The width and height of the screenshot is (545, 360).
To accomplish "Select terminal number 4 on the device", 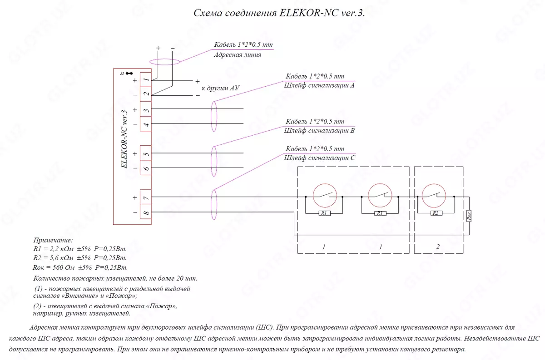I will tap(146, 124).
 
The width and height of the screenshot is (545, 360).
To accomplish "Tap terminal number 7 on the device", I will tap(146, 197).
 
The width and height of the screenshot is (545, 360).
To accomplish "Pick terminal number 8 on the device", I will tap(146, 212).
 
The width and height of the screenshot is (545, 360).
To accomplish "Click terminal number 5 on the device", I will tap(146, 153).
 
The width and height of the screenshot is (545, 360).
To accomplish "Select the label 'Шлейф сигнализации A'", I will tap(319, 85).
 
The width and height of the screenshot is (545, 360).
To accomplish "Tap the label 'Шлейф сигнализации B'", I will tap(319, 131).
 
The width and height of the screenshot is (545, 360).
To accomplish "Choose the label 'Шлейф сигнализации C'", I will tap(319, 158).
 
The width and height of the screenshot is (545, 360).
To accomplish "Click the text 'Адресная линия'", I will tap(237, 55).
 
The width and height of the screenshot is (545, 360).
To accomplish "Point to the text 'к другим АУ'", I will tap(220, 88).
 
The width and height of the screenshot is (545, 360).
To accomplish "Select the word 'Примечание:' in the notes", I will tap(53, 240).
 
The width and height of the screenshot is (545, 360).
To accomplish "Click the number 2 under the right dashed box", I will tap(438, 247).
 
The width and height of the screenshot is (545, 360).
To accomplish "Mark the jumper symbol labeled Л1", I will tap(129, 73).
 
